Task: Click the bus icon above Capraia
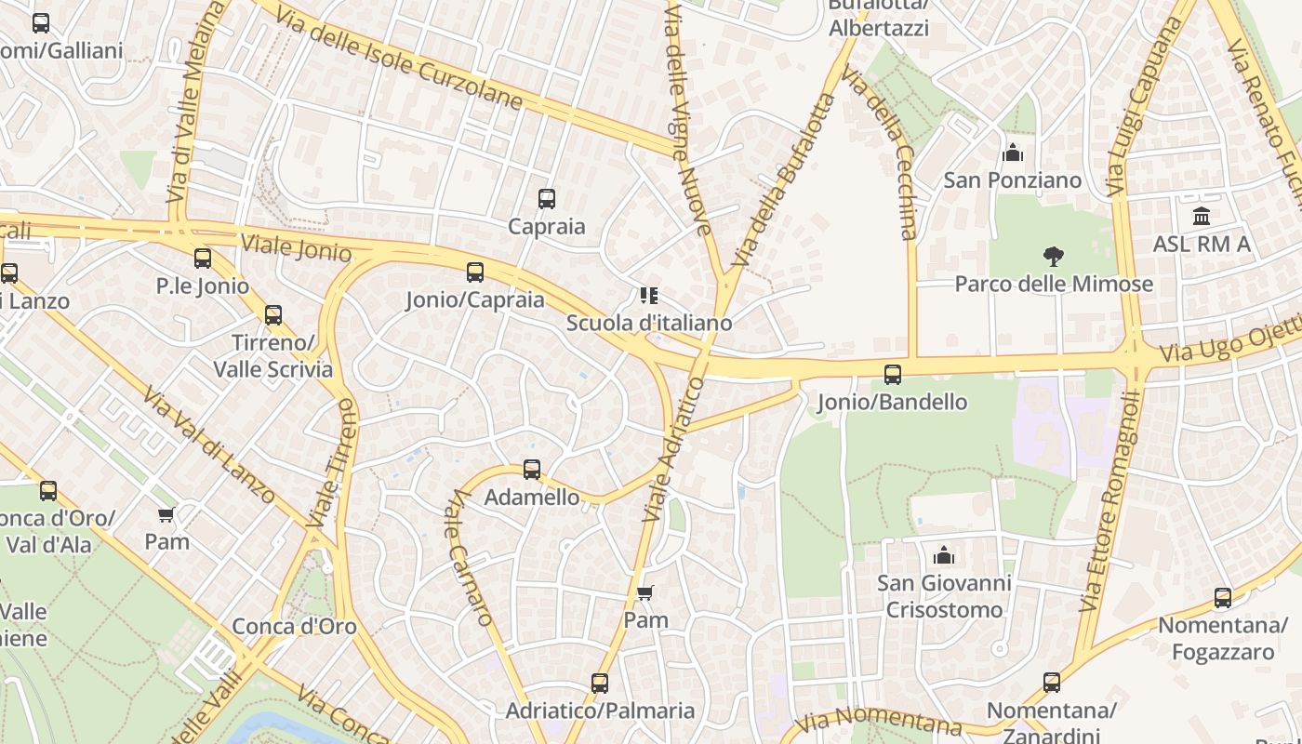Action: click(x=547, y=198)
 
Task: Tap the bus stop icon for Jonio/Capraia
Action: click(x=475, y=272)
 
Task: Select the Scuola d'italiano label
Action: click(x=649, y=323)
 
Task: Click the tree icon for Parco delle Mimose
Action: click(x=1053, y=256)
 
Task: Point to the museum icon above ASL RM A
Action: click(x=1202, y=217)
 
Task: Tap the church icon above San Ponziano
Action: click(x=1013, y=153)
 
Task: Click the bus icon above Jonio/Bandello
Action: click(x=893, y=375)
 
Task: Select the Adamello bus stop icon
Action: click(x=532, y=470)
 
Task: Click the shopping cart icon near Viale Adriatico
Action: click(x=645, y=592)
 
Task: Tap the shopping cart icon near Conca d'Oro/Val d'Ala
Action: click(x=166, y=514)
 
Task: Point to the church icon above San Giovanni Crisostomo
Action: click(x=944, y=555)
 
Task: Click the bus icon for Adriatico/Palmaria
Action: click(x=600, y=684)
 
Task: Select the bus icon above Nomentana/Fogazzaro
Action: click(x=1223, y=598)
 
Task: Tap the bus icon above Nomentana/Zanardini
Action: click(x=1052, y=683)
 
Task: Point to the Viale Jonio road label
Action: click(x=296, y=248)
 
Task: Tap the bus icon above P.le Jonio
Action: click(x=203, y=259)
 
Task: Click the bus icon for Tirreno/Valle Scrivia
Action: click(x=273, y=315)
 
